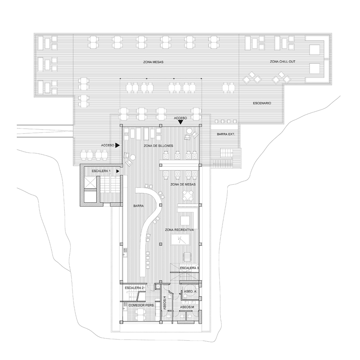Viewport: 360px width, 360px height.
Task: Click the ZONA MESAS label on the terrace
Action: [153, 62]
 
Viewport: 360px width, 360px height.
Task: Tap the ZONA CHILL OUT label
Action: [282, 62]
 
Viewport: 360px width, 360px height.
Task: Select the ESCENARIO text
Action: [262, 103]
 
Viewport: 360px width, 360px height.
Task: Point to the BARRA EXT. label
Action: [226, 134]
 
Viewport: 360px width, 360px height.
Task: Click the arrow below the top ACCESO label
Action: [180, 122]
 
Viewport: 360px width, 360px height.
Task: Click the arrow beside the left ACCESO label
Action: [118, 145]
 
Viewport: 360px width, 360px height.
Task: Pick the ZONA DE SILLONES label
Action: [158, 146]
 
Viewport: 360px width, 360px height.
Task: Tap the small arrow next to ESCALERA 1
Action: [118, 171]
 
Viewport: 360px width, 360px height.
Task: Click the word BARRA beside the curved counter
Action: [138, 206]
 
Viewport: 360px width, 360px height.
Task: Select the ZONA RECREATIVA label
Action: [179, 230]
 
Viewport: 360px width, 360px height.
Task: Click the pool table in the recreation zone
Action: [180, 240]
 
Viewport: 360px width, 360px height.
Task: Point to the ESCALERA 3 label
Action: [190, 268]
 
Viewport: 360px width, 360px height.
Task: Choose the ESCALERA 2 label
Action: [134, 288]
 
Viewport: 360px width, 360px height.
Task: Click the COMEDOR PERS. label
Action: [142, 305]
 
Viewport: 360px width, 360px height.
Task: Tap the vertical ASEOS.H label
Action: [165, 303]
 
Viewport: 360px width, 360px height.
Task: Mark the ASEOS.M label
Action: [187, 307]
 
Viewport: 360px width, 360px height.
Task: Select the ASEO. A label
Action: [190, 291]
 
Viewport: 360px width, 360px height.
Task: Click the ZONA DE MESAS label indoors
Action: [183, 184]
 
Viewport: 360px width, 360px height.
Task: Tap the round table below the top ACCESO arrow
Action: [190, 131]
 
